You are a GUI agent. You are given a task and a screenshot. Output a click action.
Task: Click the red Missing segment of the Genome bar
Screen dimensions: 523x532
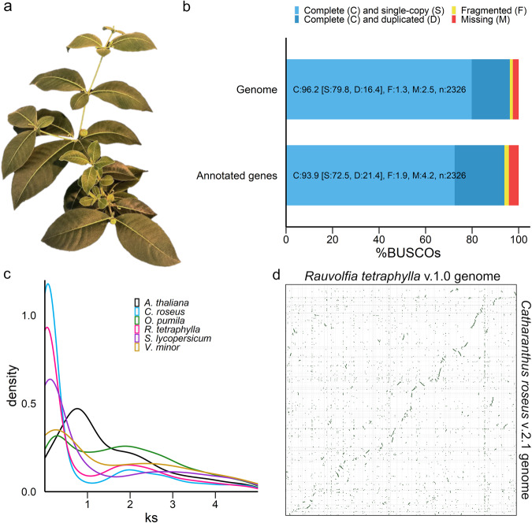click(x=515, y=89)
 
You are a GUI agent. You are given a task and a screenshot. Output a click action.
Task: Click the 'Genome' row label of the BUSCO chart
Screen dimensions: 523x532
click(x=259, y=90)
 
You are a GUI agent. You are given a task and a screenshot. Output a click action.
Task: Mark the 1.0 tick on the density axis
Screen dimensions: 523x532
click(x=32, y=315)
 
